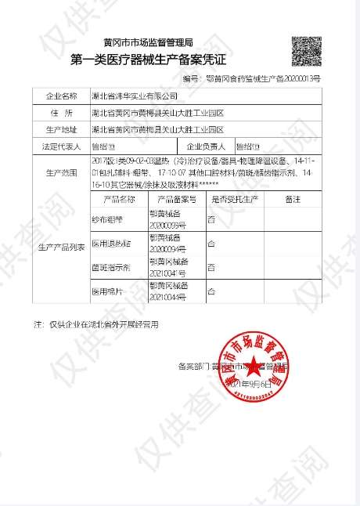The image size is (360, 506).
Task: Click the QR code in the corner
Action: pyautogui.click(x=308, y=51)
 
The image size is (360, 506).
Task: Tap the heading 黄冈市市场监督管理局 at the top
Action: pyautogui.click(x=148, y=42)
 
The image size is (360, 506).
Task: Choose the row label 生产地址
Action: pyautogui.click(x=62, y=129)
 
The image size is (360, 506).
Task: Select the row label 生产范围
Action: pyautogui.click(x=62, y=172)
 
